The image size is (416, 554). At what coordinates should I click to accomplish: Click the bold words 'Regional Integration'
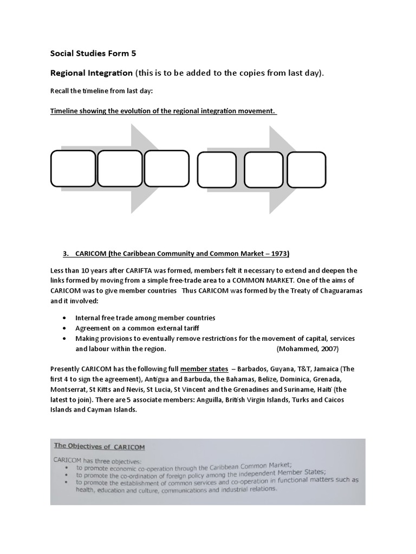(x=92, y=72)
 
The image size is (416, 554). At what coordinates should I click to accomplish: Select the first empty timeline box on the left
(x=73, y=169)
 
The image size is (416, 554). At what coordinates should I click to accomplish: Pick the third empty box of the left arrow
(x=166, y=169)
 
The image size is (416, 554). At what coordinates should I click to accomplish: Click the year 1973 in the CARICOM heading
(x=278, y=253)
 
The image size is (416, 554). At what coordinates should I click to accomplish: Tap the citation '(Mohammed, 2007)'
(x=308, y=348)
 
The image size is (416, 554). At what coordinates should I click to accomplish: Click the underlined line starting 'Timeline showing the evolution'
(x=164, y=111)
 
